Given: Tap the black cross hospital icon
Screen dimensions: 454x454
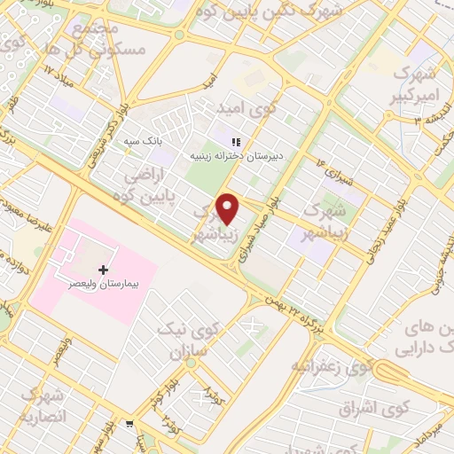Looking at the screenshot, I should click(x=103, y=270).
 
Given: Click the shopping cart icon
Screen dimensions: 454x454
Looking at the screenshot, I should click(x=130, y=424).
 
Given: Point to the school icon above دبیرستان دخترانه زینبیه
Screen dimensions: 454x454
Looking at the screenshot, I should click(x=235, y=141).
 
